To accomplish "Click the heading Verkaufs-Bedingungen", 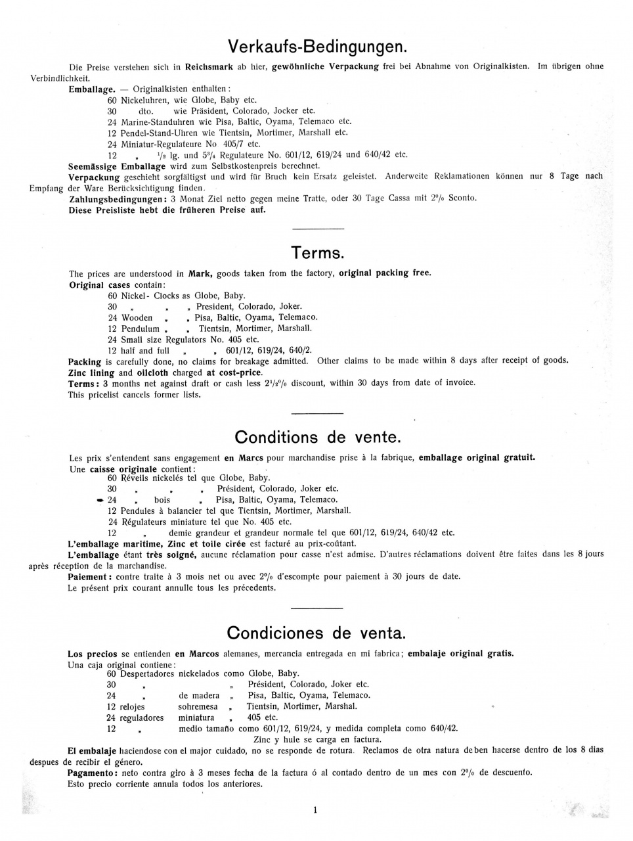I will pos(317,47).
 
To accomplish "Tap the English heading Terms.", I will pos(317,253).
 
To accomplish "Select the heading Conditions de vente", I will pos(317,437).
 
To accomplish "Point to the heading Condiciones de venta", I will pos(316,633).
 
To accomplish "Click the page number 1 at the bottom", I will pos(316,810).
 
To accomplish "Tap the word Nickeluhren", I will pos(144,101).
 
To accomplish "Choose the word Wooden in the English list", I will pos(137,317).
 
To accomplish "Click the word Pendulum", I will pos(140,329).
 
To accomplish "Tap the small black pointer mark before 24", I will pos(100,501).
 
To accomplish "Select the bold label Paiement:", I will pos(90,577).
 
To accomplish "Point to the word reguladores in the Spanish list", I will pos(142,717).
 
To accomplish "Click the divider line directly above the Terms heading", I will pos(317,228).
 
